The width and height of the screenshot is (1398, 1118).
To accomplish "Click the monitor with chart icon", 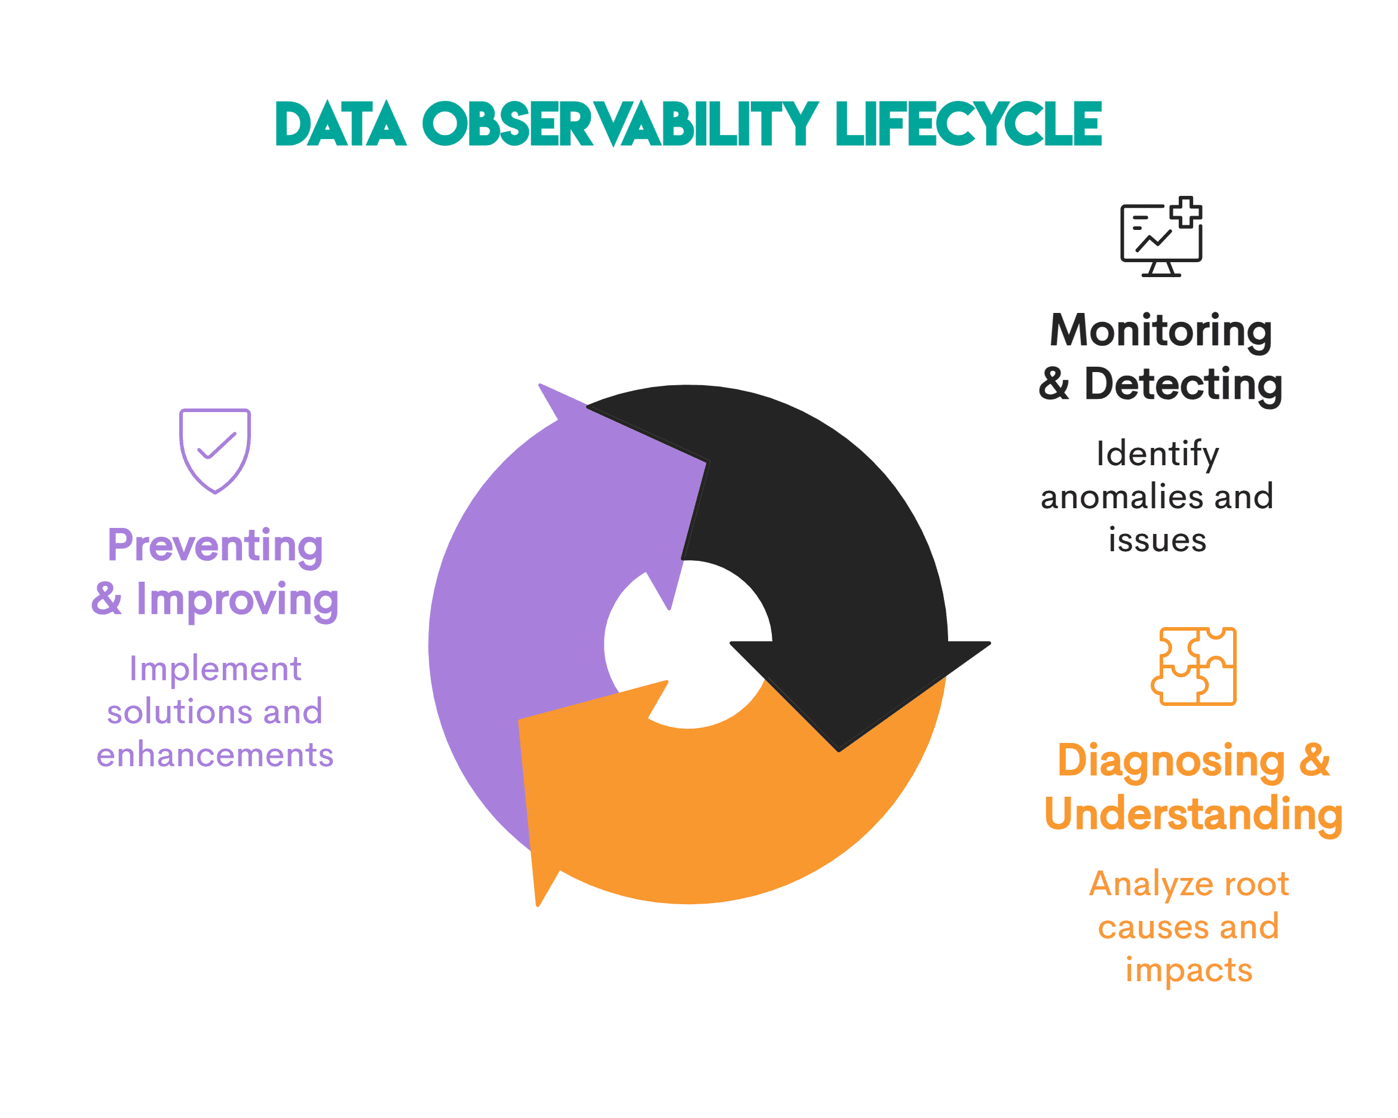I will point(1161,237).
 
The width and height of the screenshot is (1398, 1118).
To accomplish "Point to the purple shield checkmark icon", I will point(214,450).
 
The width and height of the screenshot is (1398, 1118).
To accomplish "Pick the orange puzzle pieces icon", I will point(1194,666).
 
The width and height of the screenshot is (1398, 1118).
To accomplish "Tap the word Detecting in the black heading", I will point(1184,385).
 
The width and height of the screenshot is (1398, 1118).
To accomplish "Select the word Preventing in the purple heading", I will point(214,546).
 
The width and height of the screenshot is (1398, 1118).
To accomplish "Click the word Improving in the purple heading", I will point(237,600).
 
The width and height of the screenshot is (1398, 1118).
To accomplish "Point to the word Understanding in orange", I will point(1193,814).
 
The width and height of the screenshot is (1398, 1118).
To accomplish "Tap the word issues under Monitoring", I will point(1157,540).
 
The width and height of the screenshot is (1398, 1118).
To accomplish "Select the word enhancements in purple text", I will point(214,755).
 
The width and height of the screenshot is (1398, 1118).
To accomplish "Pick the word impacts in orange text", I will point(1188,970).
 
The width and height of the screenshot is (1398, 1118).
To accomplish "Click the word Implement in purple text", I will point(214,668).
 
